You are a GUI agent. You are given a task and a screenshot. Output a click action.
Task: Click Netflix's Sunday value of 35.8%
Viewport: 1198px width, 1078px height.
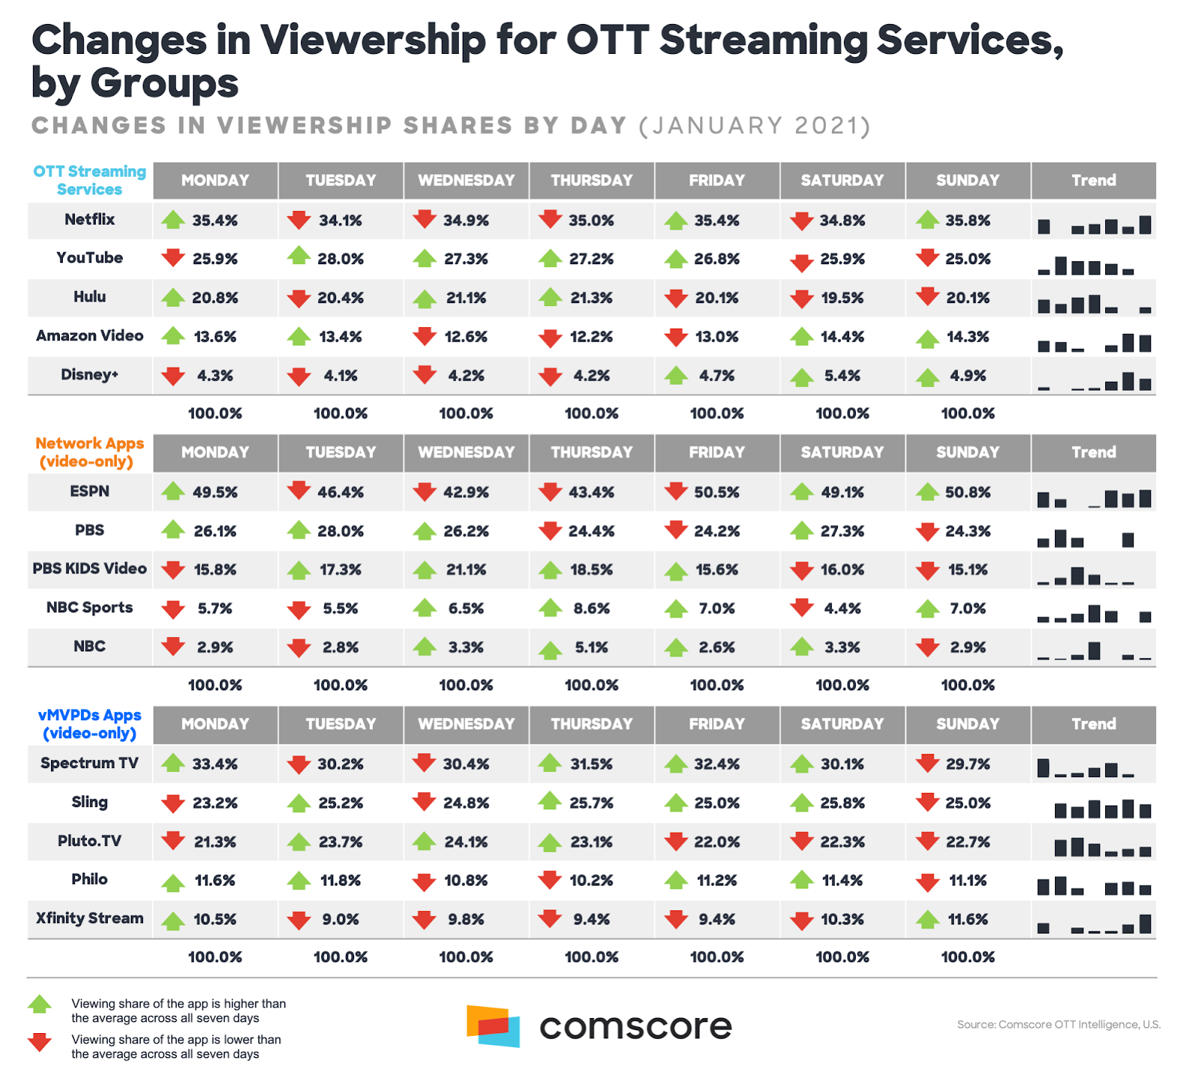point(967,221)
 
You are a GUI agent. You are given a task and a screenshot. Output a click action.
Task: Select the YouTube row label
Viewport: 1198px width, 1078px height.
point(90,258)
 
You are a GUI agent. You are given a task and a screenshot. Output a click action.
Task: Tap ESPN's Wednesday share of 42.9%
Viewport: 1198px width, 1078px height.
point(466,493)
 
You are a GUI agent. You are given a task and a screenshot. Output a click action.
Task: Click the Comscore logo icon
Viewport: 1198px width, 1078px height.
point(493,1026)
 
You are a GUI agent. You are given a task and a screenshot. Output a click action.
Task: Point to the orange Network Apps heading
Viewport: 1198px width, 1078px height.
point(89,452)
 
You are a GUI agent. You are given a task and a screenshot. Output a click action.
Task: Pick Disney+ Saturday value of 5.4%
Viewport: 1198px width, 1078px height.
point(842,376)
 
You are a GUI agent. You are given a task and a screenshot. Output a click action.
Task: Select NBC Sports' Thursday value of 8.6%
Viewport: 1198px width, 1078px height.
point(592,609)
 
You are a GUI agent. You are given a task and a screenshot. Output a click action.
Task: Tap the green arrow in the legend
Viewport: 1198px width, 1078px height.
point(40,1004)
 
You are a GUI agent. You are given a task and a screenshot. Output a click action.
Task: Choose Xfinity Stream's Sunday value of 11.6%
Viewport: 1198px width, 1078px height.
point(967,919)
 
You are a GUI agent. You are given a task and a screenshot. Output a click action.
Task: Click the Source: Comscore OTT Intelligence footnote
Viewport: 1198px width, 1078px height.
point(1058,1024)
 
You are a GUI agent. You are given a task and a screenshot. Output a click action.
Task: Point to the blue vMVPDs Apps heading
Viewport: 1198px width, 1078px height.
point(89,724)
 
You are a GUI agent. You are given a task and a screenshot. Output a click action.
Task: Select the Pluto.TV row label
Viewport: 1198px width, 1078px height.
point(90,841)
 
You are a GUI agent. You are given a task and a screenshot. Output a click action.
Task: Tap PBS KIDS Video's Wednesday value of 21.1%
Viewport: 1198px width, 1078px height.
point(466,570)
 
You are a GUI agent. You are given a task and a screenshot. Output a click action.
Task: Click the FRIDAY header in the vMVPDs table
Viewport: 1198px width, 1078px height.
point(717,724)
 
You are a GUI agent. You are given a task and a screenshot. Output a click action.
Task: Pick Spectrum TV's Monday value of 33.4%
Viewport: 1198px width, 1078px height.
point(215,764)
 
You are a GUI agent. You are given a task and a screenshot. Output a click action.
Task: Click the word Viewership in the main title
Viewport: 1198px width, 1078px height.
point(372,41)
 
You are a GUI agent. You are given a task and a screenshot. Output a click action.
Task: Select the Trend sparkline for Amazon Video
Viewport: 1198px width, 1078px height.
point(1094,343)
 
